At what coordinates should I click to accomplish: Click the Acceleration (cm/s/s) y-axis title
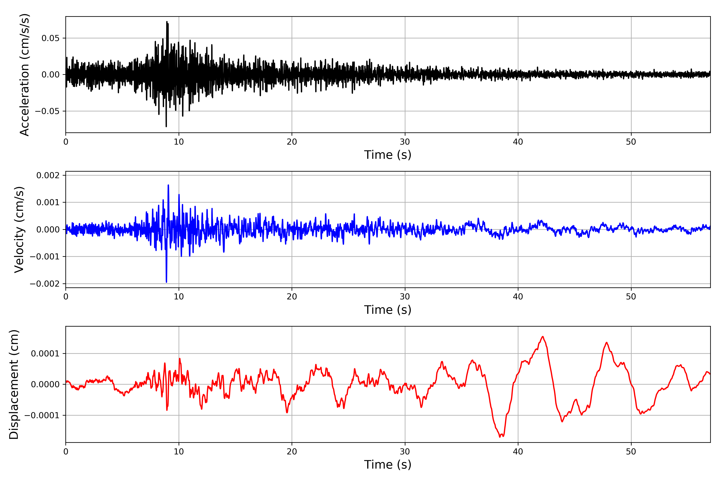pos(24,75)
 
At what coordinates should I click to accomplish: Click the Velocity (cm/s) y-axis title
pos(19,230)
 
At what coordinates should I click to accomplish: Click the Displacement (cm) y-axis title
pos(14,384)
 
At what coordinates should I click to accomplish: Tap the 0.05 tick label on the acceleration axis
pos(51,38)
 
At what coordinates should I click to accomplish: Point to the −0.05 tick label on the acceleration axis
pos(47,111)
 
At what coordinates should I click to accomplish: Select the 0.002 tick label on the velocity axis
pos(48,175)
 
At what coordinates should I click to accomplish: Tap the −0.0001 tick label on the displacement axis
pos(42,415)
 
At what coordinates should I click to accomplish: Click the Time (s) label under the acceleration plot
pos(388,155)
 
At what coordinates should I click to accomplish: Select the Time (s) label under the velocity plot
pos(388,310)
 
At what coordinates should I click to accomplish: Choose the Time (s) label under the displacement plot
pos(388,465)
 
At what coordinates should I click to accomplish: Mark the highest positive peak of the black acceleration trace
pos(167,22)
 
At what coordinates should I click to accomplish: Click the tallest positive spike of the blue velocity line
pos(168,185)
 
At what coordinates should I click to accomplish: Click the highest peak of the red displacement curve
pos(543,337)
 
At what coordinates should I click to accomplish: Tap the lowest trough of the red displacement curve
pos(500,437)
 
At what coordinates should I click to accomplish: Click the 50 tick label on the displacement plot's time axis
pos(631,452)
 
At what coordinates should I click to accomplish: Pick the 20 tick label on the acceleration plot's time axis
pos(292,142)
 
